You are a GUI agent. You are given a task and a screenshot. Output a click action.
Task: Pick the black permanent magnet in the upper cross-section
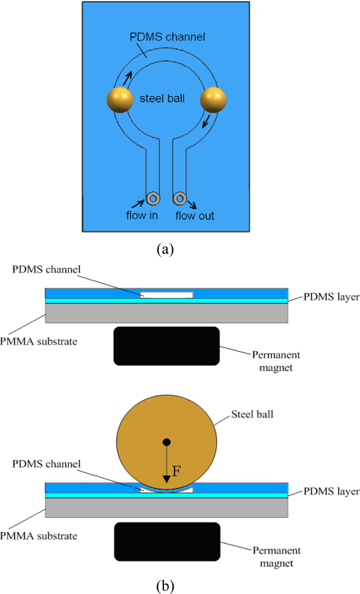pyautogui.click(x=166, y=345)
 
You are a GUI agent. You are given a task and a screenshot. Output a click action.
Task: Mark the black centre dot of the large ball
pyautogui.click(x=167, y=442)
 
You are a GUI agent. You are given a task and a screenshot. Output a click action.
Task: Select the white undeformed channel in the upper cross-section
pyautogui.click(x=167, y=295)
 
